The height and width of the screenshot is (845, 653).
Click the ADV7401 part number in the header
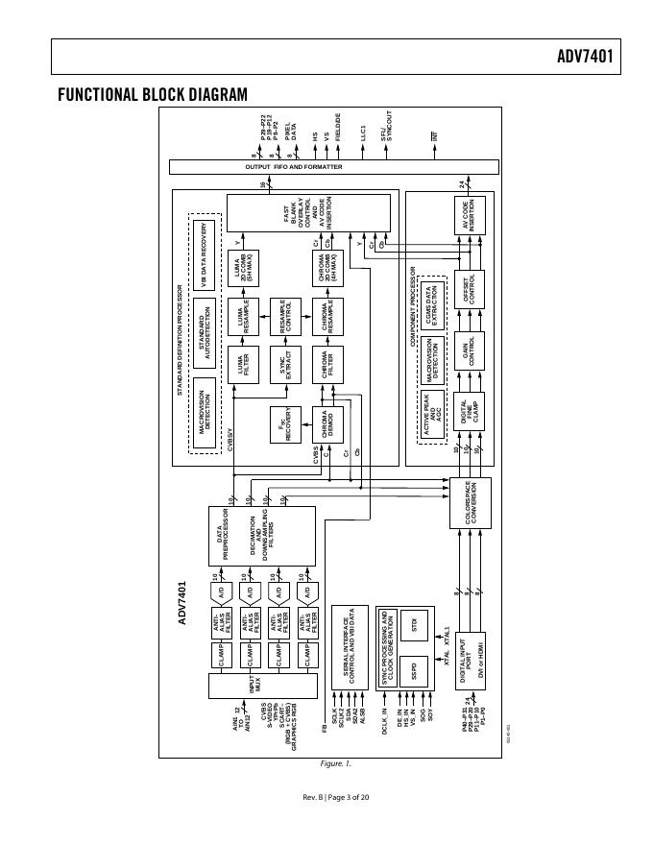coord(584,57)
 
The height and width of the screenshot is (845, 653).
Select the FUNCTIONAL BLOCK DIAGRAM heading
coord(153,94)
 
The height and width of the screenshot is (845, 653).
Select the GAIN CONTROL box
coord(470,352)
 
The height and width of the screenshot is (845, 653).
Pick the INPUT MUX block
coord(262,687)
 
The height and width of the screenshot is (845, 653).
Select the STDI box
coord(415,623)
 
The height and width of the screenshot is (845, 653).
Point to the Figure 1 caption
coord(336,763)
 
